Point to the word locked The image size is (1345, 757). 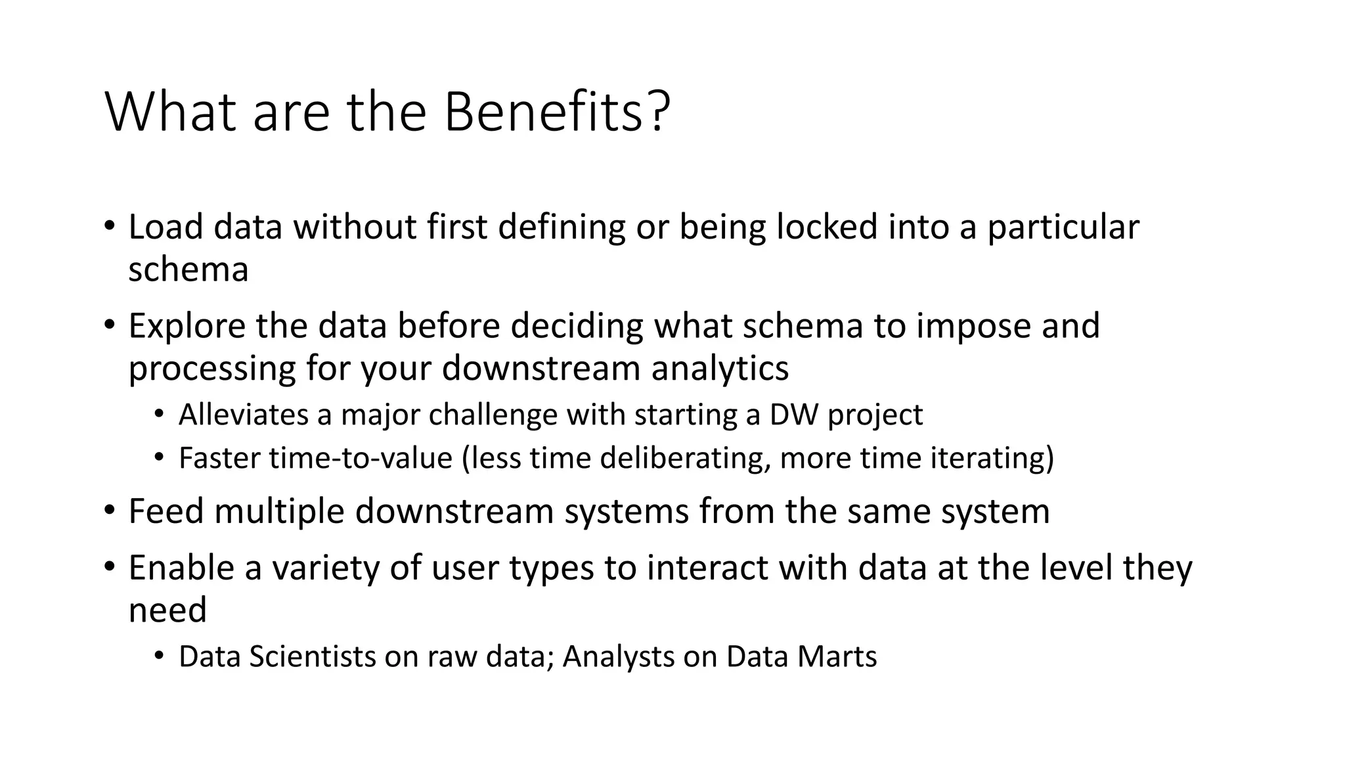pos(827,227)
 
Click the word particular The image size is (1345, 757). pos(1063,228)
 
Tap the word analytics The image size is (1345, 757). pos(720,368)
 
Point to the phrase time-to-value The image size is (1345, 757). pos(361,458)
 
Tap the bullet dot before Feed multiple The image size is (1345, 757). pos(109,511)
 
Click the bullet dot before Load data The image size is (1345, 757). pos(109,227)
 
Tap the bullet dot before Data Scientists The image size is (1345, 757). pos(158,656)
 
